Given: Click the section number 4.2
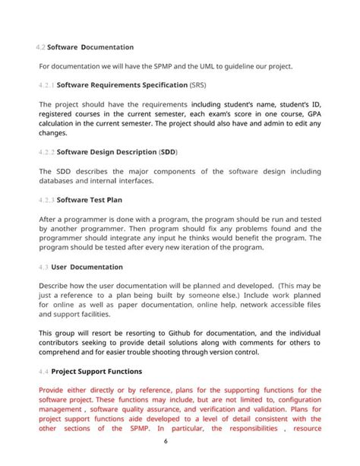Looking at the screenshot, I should click(41, 47).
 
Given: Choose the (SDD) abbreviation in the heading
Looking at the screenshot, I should click(167, 152).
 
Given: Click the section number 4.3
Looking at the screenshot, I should click(43, 267).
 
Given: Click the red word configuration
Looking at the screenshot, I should click(299, 399).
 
